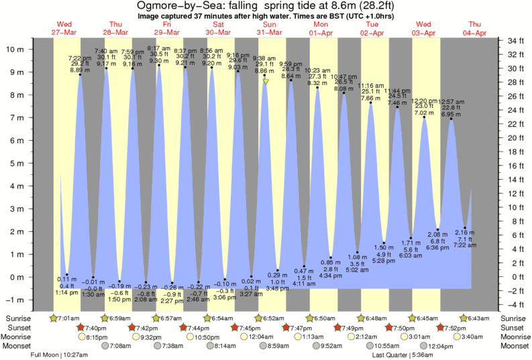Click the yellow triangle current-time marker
coord(266,82)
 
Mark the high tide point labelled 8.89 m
coord(80,74)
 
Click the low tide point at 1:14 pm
coord(67,274)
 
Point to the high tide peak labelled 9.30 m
coord(159,65)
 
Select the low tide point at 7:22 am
coord(464,228)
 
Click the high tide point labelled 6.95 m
coord(451,119)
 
